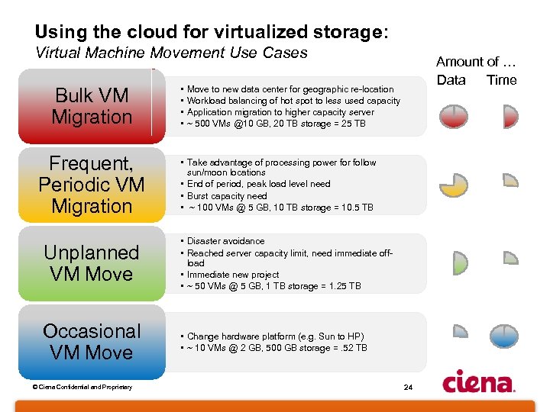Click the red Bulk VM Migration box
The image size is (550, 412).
(92, 106)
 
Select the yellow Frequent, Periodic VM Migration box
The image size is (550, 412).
(92, 185)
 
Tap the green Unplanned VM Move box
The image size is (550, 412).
(92, 263)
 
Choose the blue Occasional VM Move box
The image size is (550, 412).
(92, 342)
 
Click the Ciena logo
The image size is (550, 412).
(479, 381)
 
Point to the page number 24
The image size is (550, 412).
(408, 388)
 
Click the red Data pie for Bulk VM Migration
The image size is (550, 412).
(453, 115)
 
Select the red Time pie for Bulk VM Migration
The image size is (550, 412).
(510, 116)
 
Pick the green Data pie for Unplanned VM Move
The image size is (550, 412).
(458, 262)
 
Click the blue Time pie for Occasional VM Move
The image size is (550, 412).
(504, 336)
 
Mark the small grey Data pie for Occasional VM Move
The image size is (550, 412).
(460, 331)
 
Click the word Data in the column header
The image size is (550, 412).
(451, 80)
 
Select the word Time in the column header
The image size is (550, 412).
(502, 80)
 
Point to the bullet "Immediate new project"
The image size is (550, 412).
(233, 275)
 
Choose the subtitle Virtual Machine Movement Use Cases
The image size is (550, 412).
(171, 53)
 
